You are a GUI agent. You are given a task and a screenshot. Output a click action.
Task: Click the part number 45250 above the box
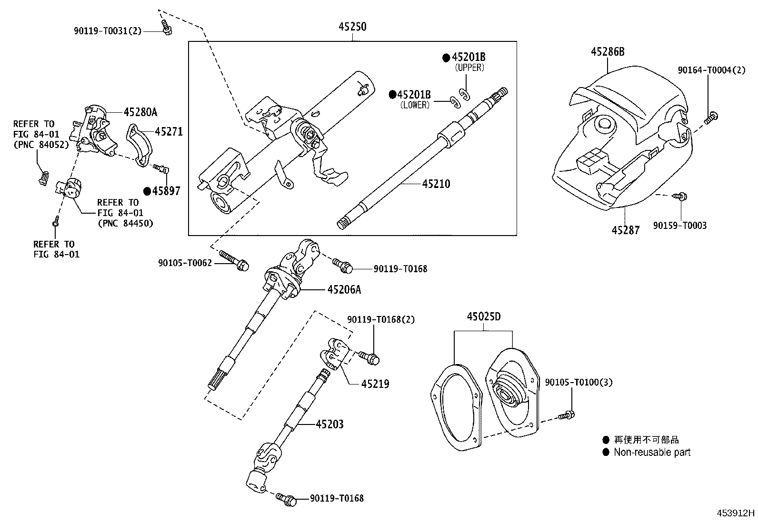pos(352,27)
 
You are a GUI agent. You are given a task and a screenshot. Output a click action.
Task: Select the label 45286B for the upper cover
pos(608,52)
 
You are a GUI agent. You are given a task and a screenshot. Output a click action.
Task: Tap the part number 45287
pos(626,230)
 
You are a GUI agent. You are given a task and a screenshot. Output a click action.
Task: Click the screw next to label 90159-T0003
pos(680,196)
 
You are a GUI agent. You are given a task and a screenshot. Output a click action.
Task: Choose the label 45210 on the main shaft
pos(436,184)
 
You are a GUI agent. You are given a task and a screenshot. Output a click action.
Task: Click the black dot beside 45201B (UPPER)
pos(446,58)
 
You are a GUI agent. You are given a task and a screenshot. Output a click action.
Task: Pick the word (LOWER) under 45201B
pos(415,105)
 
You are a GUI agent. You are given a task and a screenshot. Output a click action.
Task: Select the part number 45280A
pos(140,112)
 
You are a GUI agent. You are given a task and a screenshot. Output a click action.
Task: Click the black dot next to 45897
pos(147,191)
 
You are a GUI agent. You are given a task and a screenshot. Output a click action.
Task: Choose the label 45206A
pos(344,289)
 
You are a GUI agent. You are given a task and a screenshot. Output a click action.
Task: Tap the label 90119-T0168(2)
pos(381,320)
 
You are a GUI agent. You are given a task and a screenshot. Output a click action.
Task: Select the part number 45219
pos(375,384)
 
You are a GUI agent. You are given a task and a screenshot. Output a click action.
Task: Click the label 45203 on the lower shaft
pos(329,424)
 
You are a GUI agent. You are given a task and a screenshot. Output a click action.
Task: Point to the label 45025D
pos(484,316)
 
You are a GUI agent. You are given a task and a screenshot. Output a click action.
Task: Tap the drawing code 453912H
pos(736,513)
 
